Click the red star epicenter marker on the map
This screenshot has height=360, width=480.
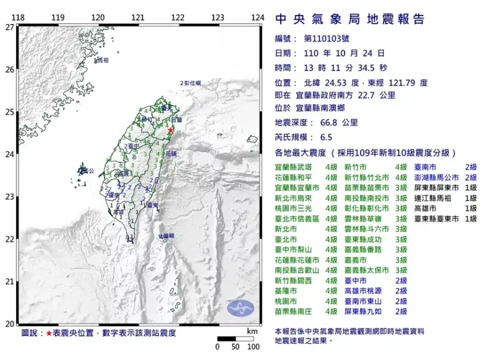pyautogui.click(x=171, y=130)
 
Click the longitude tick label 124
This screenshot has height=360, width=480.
pyautogui.click(x=258, y=17)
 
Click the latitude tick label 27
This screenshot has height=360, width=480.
pyautogui.click(x=9, y=27)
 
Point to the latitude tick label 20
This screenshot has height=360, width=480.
pyautogui.click(x=9, y=324)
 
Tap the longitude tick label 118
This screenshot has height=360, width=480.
pyautogui.click(x=19, y=17)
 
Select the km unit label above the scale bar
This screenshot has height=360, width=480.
pyautogui.click(x=252, y=330)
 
